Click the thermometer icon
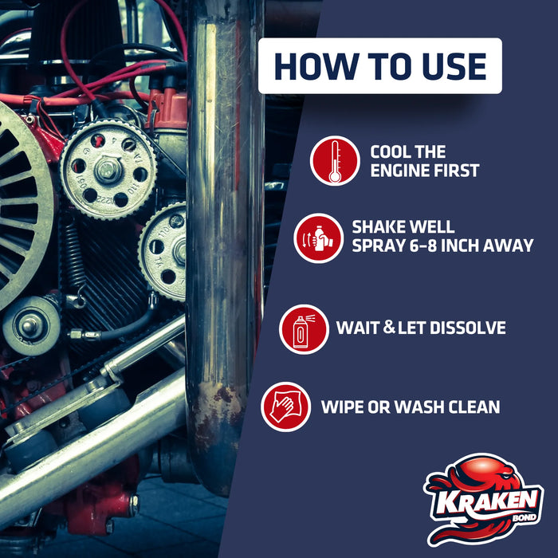click(335, 160)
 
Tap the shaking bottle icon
click(318, 238)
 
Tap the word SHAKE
click(380, 227)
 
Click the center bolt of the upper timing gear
click(108, 168)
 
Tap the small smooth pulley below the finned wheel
click(31, 324)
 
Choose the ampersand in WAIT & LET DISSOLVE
click(388, 328)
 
